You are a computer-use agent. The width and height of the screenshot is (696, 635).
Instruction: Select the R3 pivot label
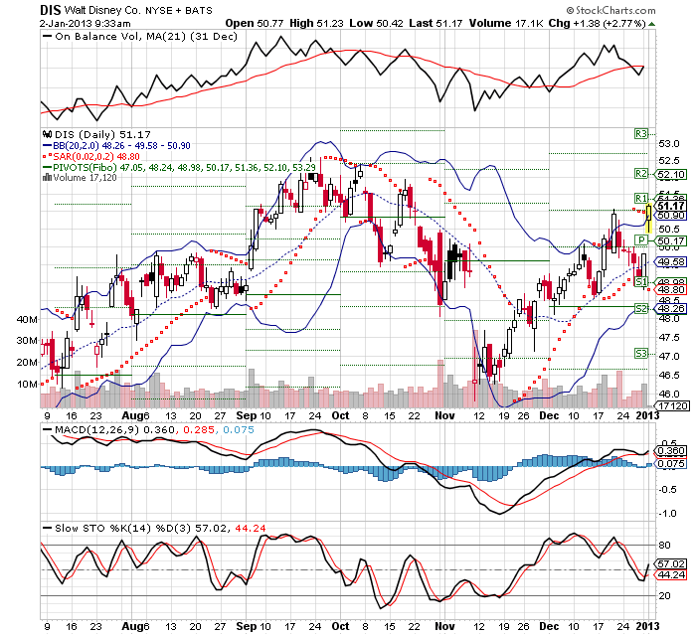point(641,132)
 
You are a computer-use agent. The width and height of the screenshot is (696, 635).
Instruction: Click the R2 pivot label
point(641,174)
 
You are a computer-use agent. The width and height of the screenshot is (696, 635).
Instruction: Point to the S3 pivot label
point(641,353)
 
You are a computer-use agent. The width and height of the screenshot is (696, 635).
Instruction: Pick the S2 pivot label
point(641,310)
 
